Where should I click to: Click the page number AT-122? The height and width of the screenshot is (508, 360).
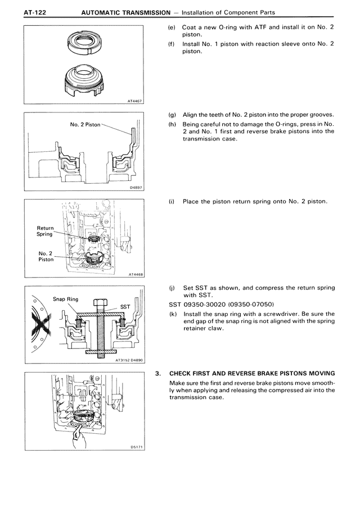pos(35,12)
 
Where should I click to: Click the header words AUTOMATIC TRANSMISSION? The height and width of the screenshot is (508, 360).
pos(126,12)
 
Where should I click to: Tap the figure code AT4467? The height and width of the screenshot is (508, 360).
pos(135,101)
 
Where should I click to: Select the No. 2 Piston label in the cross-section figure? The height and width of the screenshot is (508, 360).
pos(85,124)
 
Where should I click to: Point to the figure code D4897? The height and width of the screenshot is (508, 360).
pos(136,188)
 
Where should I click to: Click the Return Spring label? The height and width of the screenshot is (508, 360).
pos(45,231)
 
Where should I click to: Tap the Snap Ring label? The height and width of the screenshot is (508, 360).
pos(65,299)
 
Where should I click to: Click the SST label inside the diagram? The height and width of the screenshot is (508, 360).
pos(125,306)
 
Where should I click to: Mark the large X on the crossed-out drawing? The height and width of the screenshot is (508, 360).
pos(41,324)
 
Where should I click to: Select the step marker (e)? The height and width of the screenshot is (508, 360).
pos(172,28)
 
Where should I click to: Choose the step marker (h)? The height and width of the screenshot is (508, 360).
pos(172,124)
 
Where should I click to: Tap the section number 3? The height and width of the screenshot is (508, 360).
pos(158,374)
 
